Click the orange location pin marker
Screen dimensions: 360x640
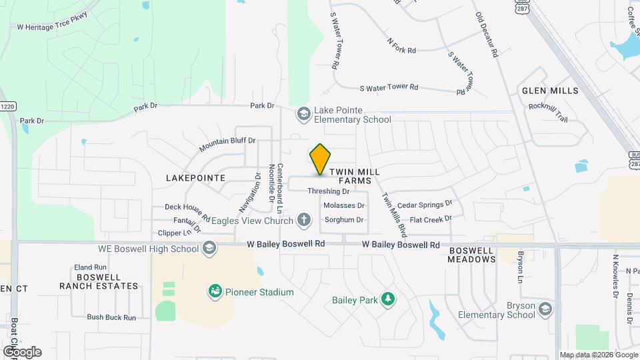321,159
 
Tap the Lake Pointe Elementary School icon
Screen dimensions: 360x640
304,115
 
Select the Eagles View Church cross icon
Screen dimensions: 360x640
304,219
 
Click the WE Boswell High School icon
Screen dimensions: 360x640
209,249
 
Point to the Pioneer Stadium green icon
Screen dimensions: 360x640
215,291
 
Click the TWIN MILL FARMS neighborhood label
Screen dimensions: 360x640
359,176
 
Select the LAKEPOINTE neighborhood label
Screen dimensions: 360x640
197,178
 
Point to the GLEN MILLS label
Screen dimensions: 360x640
549,90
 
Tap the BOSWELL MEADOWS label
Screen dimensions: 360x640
471,255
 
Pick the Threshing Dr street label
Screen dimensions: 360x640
328,191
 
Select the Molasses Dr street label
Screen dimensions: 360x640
344,205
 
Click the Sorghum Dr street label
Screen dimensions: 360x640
343,219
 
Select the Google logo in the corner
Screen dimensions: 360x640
22,351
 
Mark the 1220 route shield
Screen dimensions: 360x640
7,107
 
